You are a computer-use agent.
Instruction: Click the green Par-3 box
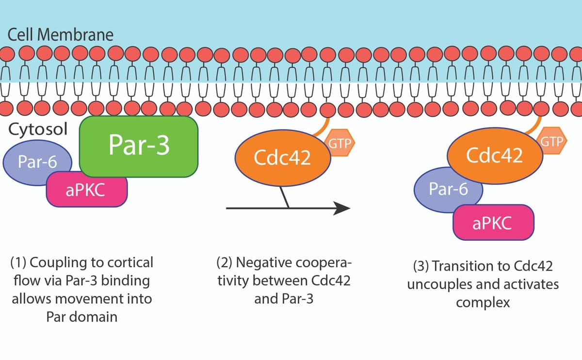[139, 146]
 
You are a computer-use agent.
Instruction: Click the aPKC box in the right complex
[492, 224]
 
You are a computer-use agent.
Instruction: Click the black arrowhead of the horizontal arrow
[342, 208]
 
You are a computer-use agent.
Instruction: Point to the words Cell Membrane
[61, 35]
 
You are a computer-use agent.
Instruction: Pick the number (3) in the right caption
[420, 266]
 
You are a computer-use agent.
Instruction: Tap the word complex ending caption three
[483, 303]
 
